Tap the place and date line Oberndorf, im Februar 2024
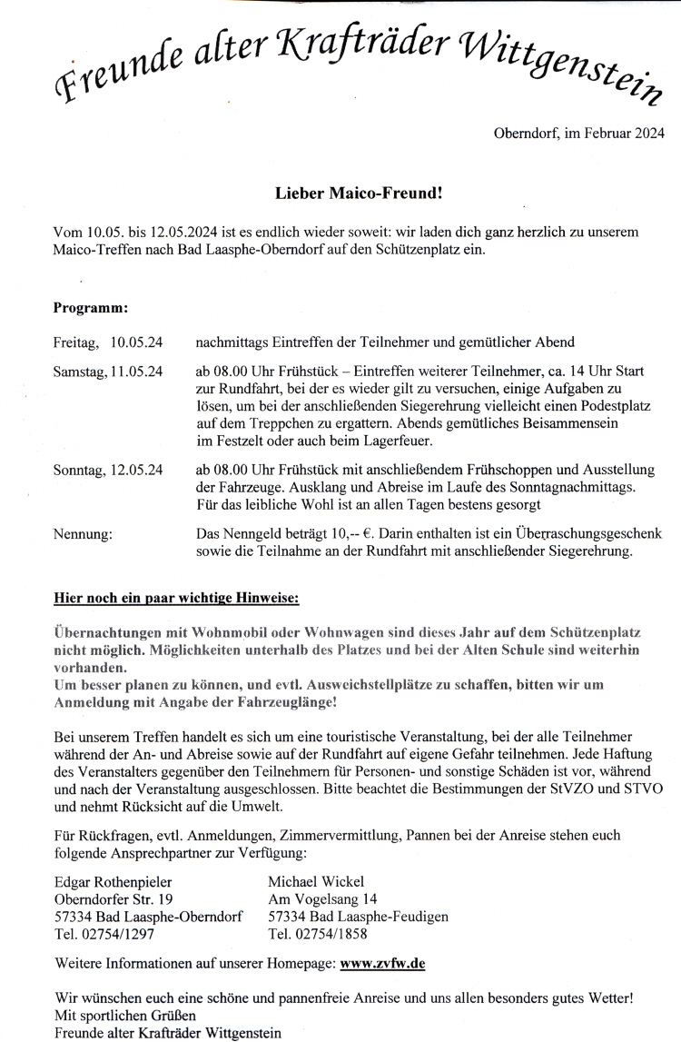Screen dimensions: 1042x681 coord(578,134)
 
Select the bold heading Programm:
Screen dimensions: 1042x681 coord(91,308)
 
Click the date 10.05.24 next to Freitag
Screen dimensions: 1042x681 coord(137,342)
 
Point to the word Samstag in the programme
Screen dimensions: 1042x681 coord(78,372)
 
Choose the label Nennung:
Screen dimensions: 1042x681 coord(84,534)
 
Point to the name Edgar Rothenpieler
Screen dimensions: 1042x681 coord(113,882)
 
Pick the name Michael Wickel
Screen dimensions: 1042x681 coord(316,882)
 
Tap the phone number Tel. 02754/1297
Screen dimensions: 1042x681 coord(105,934)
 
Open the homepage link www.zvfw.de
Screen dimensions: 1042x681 coord(383,961)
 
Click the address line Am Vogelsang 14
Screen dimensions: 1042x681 coord(322,899)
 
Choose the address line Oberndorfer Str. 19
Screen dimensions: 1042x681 coord(113,899)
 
